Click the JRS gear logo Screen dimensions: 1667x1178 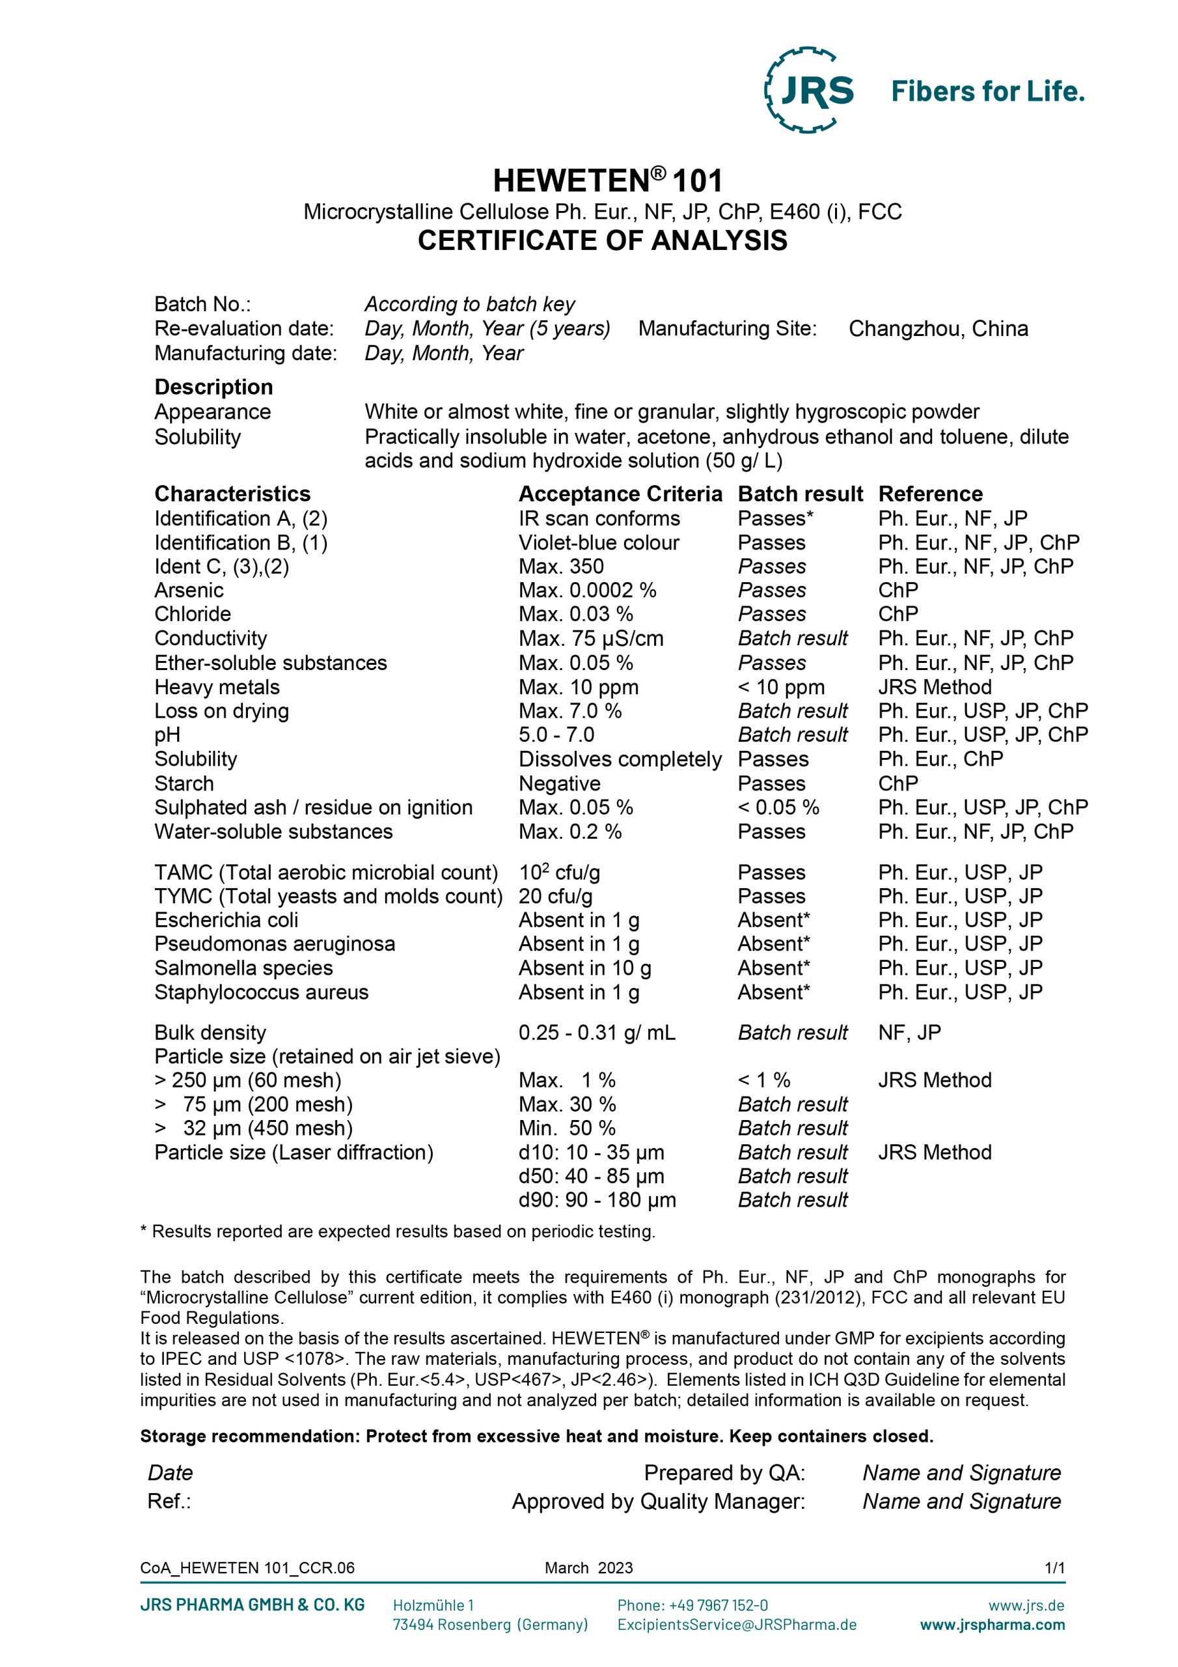click(810, 90)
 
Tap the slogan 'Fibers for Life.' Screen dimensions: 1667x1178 click(987, 91)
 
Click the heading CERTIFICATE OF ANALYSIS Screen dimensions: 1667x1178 click(602, 240)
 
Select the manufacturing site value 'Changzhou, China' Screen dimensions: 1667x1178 click(938, 329)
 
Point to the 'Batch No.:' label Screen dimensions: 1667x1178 click(202, 304)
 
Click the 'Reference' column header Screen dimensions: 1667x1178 click(930, 494)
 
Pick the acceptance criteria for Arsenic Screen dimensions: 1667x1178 click(587, 590)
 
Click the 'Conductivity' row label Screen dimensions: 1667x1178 click(210, 638)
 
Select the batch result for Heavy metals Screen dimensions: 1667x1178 click(781, 687)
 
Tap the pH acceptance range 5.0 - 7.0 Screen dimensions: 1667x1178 click(556, 735)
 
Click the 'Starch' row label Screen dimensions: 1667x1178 click(184, 783)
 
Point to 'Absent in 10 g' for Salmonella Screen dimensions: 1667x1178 click(584, 968)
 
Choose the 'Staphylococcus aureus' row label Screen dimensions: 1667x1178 click(261, 992)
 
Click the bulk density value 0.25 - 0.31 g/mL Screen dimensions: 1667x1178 click(597, 1033)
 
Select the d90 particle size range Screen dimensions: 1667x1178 click(597, 1199)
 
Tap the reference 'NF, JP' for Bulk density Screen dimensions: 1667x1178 click(909, 1033)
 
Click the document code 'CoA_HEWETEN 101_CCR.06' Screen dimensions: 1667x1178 click(247, 1567)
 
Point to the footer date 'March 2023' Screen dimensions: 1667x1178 click(588, 1567)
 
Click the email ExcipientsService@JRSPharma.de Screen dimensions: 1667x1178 click(737, 1624)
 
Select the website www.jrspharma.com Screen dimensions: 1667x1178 click(993, 1624)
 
